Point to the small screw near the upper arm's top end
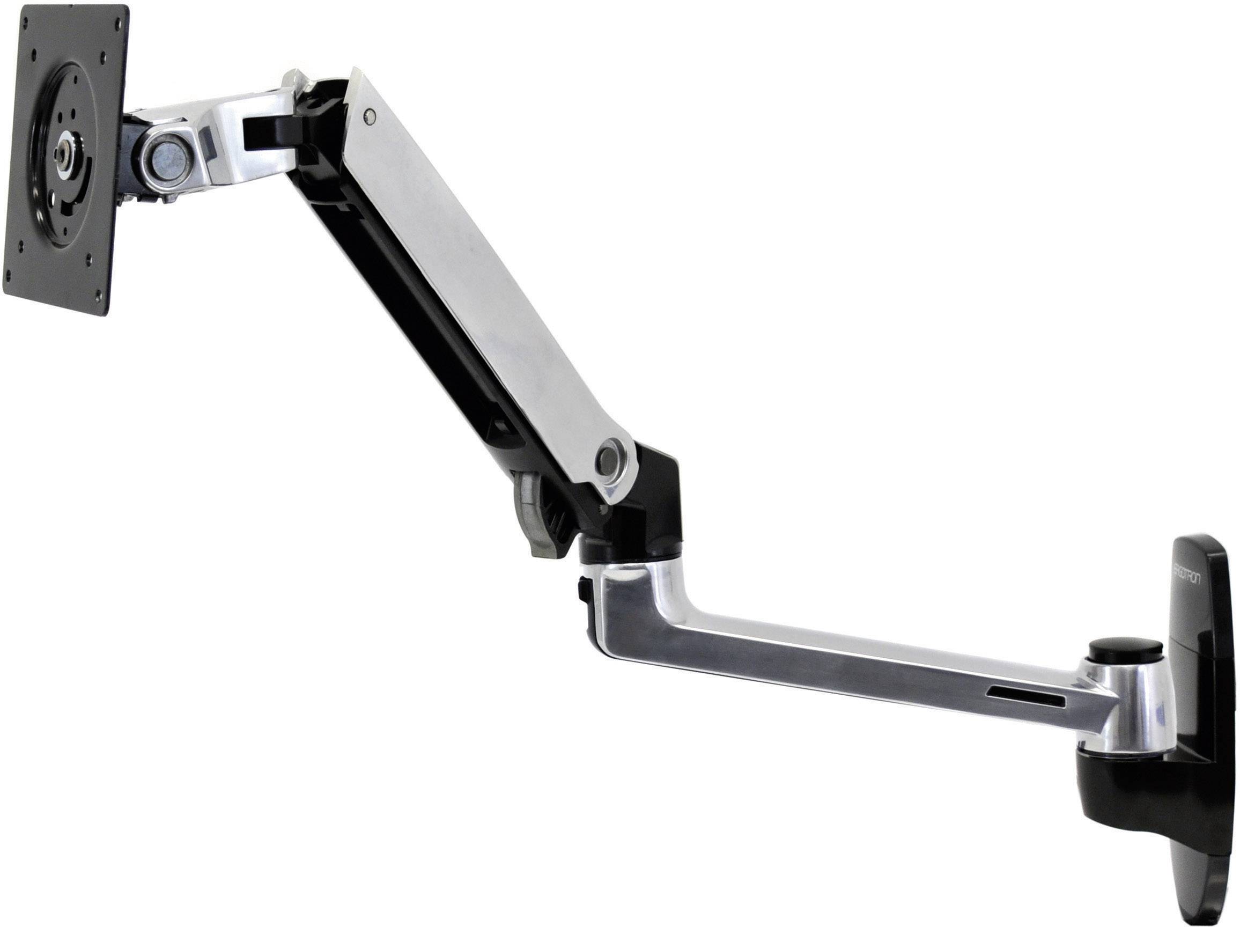tap(368, 116)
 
